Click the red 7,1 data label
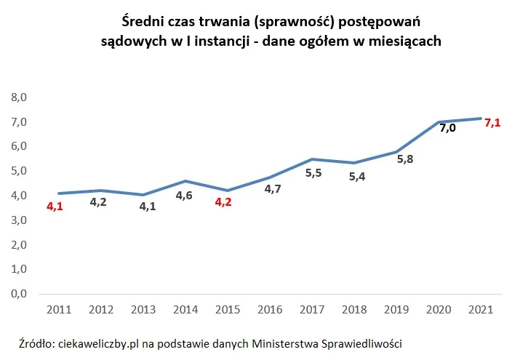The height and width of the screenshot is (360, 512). (492, 122)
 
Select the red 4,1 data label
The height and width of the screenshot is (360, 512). (55, 207)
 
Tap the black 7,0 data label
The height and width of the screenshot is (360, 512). (447, 128)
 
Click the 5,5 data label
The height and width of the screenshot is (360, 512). (313, 172)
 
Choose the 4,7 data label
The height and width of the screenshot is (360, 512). (273, 188)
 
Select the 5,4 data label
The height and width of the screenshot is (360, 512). (357, 175)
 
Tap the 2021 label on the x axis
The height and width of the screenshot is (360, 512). (481, 309)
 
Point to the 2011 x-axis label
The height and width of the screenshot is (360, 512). (58, 309)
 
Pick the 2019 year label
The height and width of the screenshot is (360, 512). (397, 309)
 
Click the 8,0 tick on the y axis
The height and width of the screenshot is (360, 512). (17, 97)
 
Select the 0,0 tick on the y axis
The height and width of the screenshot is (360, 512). (17, 294)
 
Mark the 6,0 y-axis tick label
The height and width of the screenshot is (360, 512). (17, 146)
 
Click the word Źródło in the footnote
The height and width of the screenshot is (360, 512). (36, 343)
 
